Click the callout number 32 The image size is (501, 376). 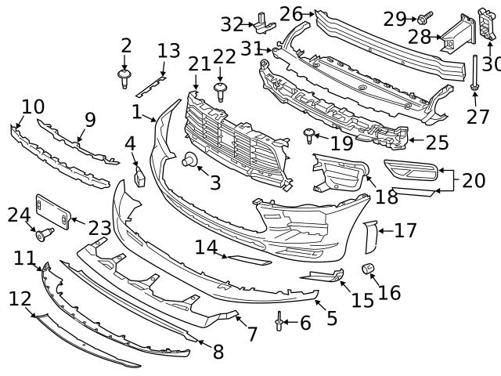point(232,24)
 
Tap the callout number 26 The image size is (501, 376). point(290,13)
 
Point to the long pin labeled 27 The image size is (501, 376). point(474,77)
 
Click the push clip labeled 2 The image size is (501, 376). point(124,76)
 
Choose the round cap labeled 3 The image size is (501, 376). point(189,161)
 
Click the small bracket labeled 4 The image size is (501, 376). point(141,176)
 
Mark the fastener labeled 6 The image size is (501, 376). point(279,322)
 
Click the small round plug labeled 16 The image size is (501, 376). point(366,270)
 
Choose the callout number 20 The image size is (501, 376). point(473,181)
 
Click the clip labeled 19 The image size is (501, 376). point(309,136)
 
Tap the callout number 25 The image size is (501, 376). point(437,142)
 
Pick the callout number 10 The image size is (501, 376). point(33,107)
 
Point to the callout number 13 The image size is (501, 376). point(168,52)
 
